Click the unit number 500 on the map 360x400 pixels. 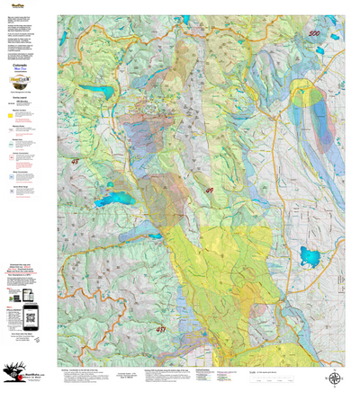coord(313,34)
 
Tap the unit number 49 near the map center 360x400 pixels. coord(210,191)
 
